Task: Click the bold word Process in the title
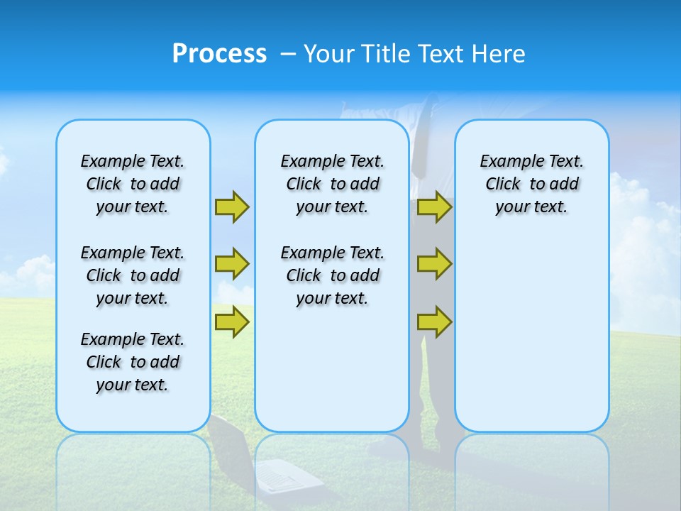(219, 53)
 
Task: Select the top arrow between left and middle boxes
(232, 207)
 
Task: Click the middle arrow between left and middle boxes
(232, 264)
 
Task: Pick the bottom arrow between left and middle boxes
(232, 322)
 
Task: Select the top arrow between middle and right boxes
(434, 207)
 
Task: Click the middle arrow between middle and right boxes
(434, 264)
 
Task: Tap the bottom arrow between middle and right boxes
(434, 322)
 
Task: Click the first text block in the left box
(133, 184)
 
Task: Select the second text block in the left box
(133, 275)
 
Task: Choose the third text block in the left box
(133, 362)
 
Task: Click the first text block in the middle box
(332, 184)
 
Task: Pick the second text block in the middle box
(332, 275)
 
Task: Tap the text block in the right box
(531, 184)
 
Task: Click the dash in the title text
(288, 53)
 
